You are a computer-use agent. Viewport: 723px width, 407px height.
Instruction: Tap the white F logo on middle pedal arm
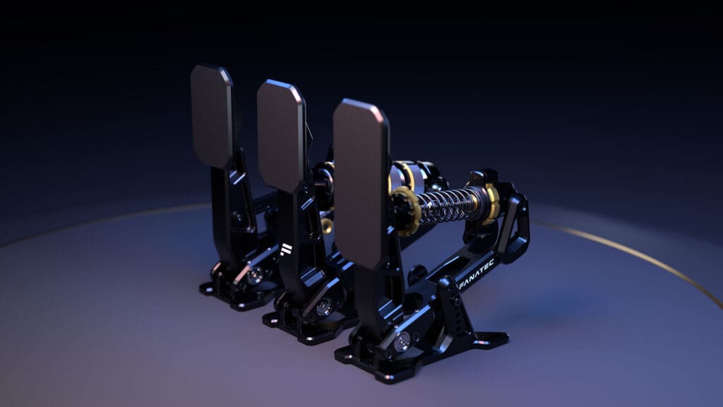click(286, 251)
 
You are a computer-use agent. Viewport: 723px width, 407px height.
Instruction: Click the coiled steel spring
click(449, 205)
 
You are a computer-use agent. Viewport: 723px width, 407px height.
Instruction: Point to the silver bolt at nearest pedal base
click(402, 343)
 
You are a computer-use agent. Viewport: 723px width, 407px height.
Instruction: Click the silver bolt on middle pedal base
click(323, 307)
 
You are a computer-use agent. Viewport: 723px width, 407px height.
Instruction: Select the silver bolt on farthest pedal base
click(255, 275)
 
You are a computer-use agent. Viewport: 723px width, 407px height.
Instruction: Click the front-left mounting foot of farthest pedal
click(208, 288)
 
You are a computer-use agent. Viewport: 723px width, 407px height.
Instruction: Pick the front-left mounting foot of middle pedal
click(272, 319)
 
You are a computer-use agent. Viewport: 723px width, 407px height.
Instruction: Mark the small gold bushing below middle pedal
click(327, 225)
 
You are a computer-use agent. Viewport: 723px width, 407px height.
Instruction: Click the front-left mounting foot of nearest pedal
click(346, 354)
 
